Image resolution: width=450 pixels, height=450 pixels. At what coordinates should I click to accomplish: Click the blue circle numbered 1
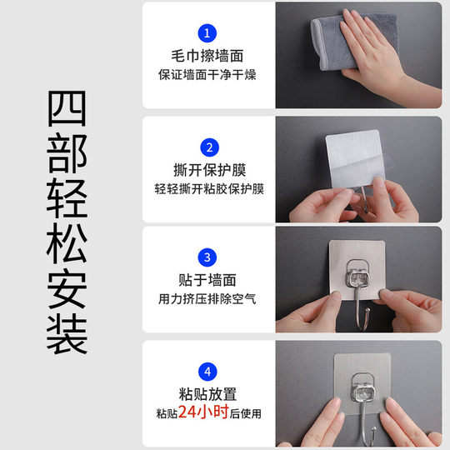(x=207, y=33)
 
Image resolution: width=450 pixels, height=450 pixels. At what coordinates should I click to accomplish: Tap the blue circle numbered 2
(x=207, y=147)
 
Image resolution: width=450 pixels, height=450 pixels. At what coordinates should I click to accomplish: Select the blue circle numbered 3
(x=207, y=257)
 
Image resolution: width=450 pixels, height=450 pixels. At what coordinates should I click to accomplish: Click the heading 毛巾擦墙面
(x=207, y=57)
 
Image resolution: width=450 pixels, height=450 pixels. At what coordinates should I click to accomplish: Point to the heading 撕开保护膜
(x=207, y=170)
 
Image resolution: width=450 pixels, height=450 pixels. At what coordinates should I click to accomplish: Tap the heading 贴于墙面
(x=207, y=280)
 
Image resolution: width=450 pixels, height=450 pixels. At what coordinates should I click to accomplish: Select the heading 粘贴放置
(x=207, y=393)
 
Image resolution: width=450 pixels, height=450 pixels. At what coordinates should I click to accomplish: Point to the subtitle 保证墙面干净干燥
(x=207, y=75)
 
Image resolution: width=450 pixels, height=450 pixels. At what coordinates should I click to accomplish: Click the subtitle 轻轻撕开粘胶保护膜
(x=208, y=189)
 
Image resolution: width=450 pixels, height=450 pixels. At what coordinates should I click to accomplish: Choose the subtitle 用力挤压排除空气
(x=207, y=298)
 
